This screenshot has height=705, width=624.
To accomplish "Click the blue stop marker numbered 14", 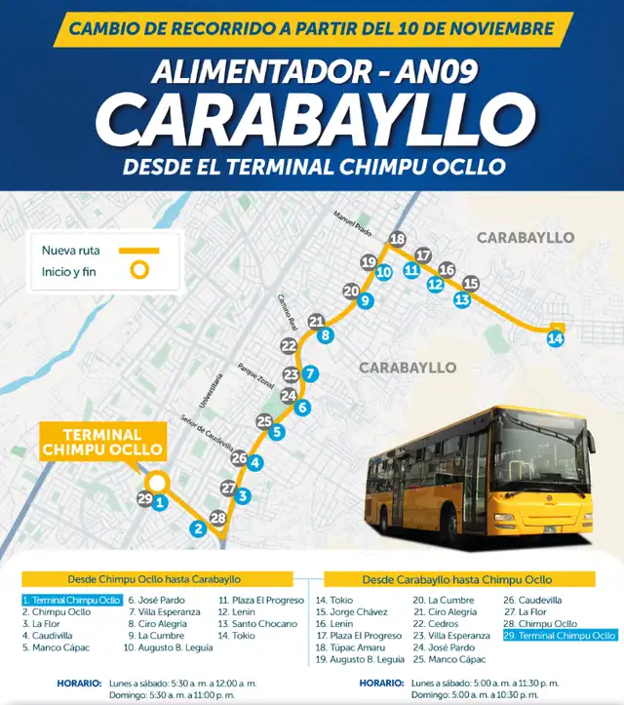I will coord(555,338).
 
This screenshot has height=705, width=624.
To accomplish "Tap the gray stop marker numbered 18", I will coord(397,239).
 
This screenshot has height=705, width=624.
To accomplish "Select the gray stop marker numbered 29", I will coord(145,499).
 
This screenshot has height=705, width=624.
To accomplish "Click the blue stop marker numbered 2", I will coord(198,529).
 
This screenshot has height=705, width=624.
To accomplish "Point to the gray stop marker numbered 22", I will coord(289,345).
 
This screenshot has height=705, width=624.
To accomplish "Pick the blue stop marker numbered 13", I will coord(461,299).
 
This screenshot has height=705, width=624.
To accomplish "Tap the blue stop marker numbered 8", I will coord(326,334).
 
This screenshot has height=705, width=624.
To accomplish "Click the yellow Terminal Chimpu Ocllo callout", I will coord(101,442).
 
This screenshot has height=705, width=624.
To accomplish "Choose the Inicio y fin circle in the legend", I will coord(141,271).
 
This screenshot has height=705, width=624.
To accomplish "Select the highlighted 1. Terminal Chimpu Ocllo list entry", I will coord(71,600).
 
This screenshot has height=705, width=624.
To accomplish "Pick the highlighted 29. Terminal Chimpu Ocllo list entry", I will coord(560,635).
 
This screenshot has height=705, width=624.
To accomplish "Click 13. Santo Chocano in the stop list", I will coord(256,623).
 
